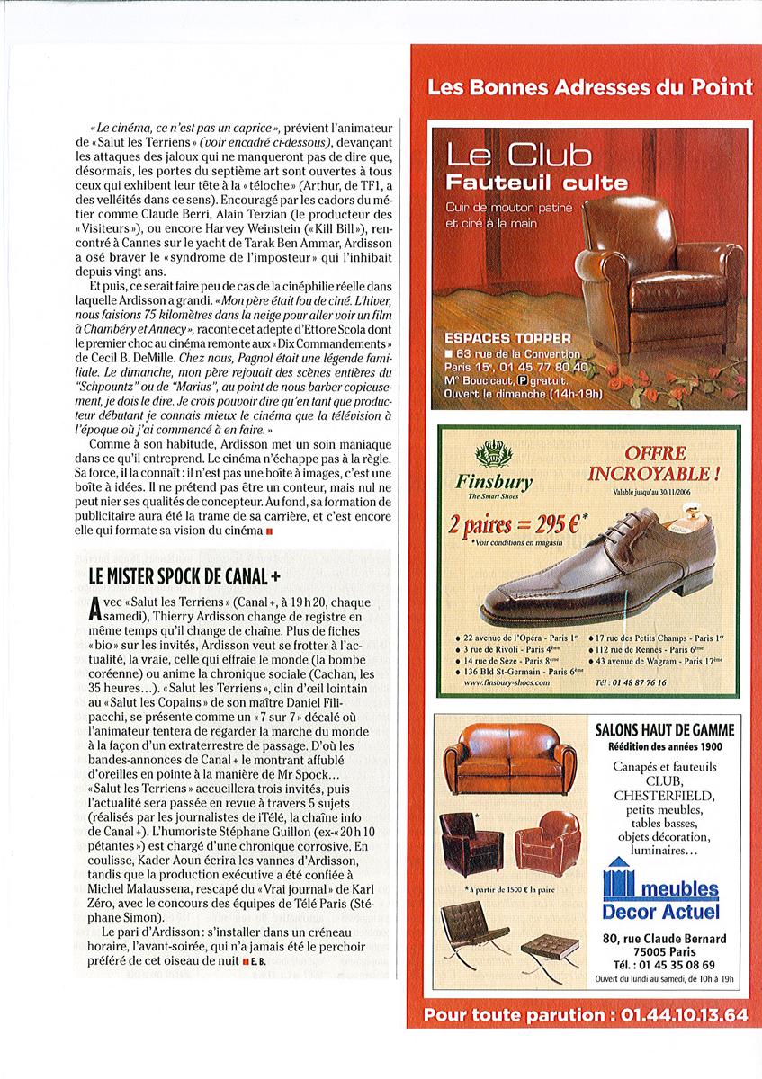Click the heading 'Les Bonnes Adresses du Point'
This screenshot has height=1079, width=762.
[589, 88]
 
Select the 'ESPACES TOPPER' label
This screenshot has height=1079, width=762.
[507, 338]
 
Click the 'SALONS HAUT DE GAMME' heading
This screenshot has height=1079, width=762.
[665, 729]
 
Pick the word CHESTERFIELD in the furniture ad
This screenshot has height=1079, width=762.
[665, 796]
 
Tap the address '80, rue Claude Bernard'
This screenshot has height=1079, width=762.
[665, 940]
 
